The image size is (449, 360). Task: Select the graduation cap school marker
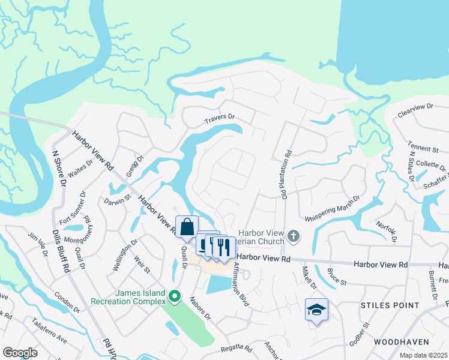316,310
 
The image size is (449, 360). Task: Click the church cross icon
293,236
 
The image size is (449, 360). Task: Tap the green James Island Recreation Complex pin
175,296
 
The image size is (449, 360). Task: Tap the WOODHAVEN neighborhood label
401,341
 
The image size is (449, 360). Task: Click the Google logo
20,352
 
